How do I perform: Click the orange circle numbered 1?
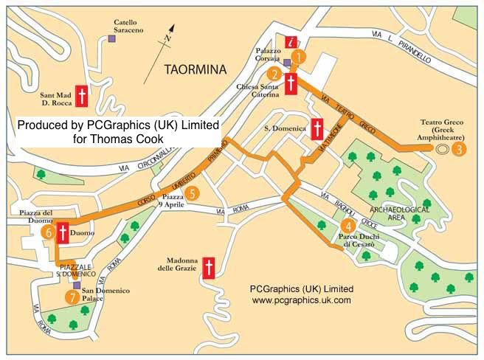point(298,55)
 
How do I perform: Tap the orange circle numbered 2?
point(274,74)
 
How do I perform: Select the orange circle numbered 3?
point(460,149)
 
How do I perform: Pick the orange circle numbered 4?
point(348,226)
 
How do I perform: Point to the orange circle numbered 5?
point(192,194)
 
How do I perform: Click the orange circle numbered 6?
point(49,232)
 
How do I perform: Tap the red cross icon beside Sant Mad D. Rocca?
point(82,97)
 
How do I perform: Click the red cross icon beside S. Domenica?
point(318,130)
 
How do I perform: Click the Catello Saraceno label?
point(128,27)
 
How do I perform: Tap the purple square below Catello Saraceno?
point(111,38)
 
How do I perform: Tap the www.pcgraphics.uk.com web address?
point(301,301)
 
